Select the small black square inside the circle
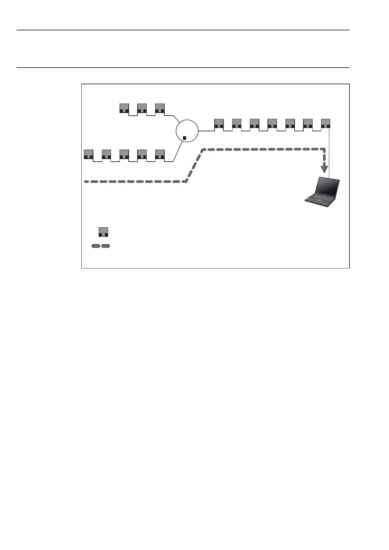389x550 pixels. click(185, 138)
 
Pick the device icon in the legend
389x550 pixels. click(103, 232)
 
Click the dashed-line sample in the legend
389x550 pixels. click(101, 246)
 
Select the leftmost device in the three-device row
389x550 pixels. click(124, 108)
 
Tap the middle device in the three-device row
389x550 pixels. click(142, 108)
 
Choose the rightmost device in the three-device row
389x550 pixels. click(160, 108)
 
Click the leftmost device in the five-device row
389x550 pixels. click(89, 154)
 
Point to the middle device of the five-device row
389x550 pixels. click(124, 154)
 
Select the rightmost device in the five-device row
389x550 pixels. click(160, 154)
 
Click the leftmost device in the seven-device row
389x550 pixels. click(219, 123)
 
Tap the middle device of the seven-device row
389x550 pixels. click(272, 123)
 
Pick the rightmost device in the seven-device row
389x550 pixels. click(326, 123)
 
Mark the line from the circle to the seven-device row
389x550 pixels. click(206, 131)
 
